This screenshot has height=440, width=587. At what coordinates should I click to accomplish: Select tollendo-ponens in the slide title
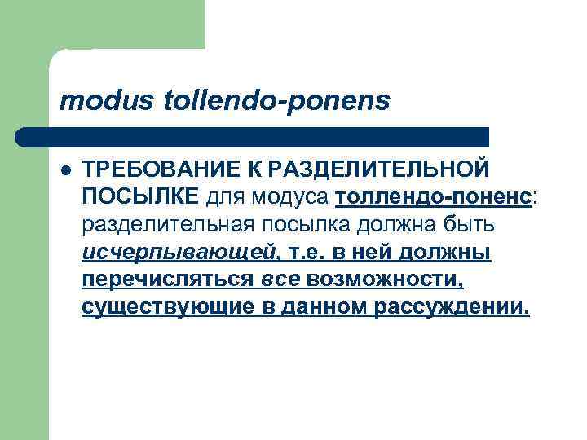277,100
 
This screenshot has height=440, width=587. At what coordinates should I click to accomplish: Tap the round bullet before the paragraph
66,169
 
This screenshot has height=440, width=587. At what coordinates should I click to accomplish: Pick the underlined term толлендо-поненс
432,196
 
